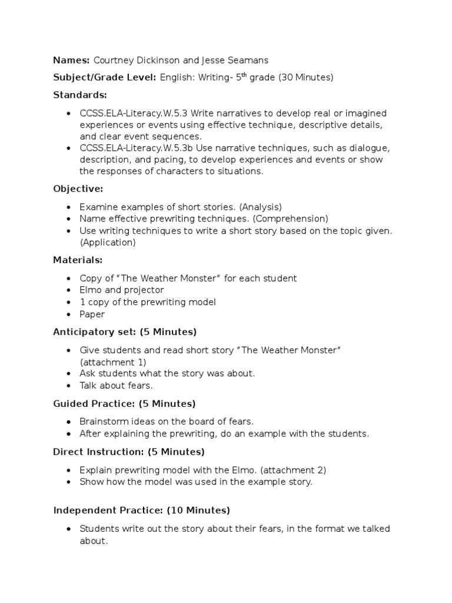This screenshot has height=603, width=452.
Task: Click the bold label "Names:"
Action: [71, 59]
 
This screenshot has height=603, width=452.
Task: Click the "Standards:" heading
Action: [80, 95]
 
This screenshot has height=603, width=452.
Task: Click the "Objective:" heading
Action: [78, 189]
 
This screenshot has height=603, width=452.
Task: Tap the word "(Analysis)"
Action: [261, 207]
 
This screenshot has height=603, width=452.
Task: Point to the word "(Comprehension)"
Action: [290, 218]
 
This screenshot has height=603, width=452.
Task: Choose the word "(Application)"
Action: [108, 242]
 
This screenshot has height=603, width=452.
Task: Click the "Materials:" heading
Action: [78, 260]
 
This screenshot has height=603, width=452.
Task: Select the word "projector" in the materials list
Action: [143, 290]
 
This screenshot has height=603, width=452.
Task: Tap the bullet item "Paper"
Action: [92, 314]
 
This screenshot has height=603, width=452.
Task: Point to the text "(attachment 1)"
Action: [113, 362]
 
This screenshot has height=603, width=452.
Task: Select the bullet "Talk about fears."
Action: [116, 386]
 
